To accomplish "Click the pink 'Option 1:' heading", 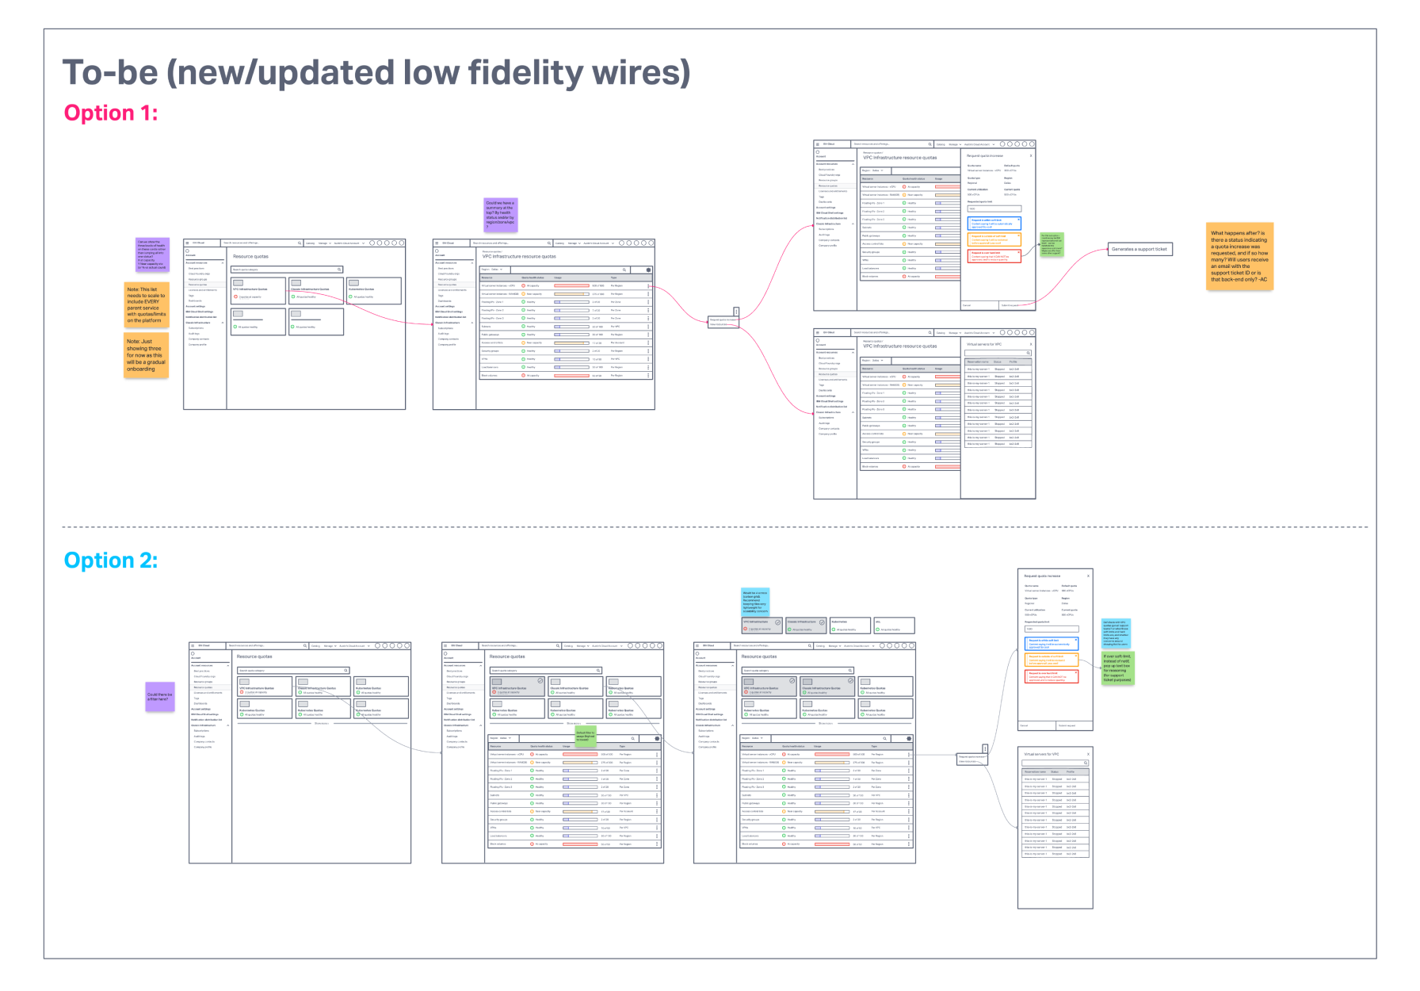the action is pyautogui.click(x=111, y=113).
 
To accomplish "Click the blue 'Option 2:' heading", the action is pyautogui.click(x=111, y=561).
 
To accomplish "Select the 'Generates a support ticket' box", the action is pyautogui.click(x=1139, y=250).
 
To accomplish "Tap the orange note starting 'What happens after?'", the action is pyautogui.click(x=1239, y=256).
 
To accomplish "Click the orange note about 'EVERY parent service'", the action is pyautogui.click(x=146, y=304).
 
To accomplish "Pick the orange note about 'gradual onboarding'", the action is pyautogui.click(x=146, y=355).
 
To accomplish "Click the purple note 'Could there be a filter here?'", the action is pyautogui.click(x=159, y=697).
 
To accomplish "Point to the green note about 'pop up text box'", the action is pyautogui.click(x=1117, y=668).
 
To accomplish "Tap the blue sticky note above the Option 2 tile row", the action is pyautogui.click(x=754, y=602).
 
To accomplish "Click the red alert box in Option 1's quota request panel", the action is pyautogui.click(x=994, y=256).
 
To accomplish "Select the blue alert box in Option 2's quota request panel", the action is pyautogui.click(x=1051, y=644).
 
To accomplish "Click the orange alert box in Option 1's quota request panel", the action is pyautogui.click(x=994, y=239).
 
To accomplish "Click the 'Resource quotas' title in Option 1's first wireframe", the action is pyautogui.click(x=250, y=257).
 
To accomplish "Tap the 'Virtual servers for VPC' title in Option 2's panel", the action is pyautogui.click(x=1041, y=754).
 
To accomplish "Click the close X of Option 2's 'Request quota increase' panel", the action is pyautogui.click(x=1088, y=576).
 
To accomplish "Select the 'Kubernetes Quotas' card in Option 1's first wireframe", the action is pyautogui.click(x=373, y=291).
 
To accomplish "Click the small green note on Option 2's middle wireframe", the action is pyautogui.click(x=585, y=736).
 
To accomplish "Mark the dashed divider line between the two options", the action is pyautogui.click(x=713, y=527).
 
